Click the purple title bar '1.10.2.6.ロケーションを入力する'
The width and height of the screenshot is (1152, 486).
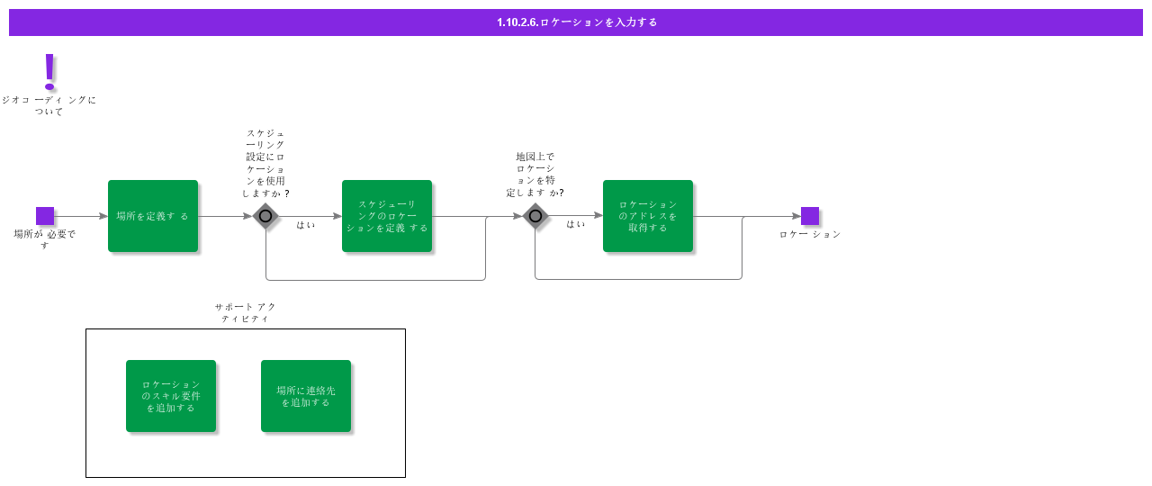(575, 22)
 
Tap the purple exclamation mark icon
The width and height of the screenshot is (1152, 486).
(49, 71)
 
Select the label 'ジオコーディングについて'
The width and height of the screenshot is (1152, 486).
(49, 105)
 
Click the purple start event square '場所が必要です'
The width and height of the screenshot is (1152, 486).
(45, 216)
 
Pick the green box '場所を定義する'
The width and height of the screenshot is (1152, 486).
(153, 216)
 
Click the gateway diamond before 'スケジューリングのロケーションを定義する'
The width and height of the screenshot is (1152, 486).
(265, 216)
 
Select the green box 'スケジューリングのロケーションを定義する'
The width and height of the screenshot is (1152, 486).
(387, 216)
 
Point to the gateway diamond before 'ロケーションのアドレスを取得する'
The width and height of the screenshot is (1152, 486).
(535, 216)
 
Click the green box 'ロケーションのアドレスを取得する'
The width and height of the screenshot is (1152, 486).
(648, 216)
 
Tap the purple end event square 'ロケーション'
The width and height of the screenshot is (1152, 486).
(810, 216)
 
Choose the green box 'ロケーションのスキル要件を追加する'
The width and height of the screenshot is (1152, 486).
(171, 396)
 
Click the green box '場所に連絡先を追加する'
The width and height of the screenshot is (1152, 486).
(306, 396)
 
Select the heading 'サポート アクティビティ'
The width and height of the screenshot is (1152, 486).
(246, 312)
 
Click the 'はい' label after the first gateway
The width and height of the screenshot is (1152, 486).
(305, 225)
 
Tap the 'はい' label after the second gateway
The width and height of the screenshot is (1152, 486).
(575, 224)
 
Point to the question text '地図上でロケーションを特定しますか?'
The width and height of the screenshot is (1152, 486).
(535, 175)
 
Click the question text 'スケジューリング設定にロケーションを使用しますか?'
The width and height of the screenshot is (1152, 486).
(265, 163)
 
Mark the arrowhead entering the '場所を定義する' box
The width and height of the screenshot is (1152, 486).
(103, 216)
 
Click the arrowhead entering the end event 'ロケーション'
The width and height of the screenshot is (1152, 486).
(796, 216)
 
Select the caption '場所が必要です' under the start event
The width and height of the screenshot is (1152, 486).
(45, 239)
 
